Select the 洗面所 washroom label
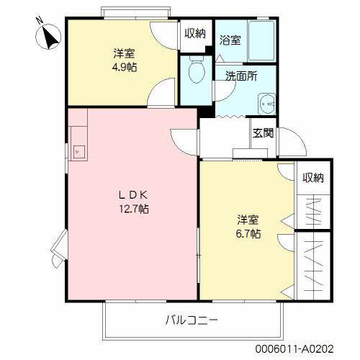[x=241, y=76]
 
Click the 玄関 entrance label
[x=262, y=132]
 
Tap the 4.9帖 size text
[x=125, y=67]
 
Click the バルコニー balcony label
[x=192, y=319]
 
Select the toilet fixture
[x=194, y=72]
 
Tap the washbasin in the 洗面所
[x=268, y=102]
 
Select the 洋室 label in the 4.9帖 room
[x=125, y=53]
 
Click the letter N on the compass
[x=40, y=23]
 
